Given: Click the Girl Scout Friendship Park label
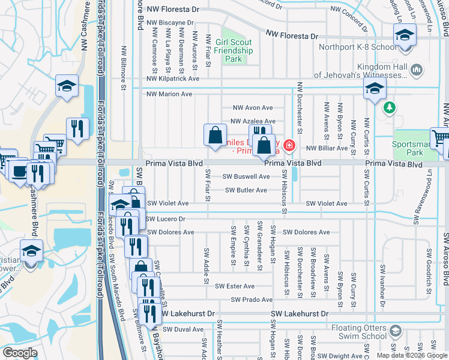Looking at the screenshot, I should point(233,50).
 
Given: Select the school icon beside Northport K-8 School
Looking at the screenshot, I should point(405,36).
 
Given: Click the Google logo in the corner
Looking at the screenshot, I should point(20,353).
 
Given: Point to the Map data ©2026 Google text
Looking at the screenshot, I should point(412,355).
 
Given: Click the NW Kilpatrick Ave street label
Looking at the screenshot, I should point(173,79).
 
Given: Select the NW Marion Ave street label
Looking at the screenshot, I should point(169,94).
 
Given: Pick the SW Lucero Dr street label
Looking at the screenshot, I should point(166,219).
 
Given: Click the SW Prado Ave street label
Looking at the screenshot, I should point(252,300).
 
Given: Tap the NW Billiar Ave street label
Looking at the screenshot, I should point(327,148).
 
